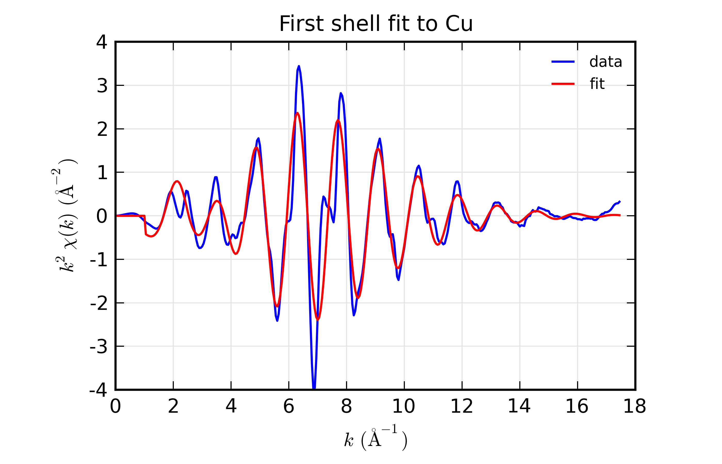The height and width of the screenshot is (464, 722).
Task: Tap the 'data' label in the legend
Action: click(x=605, y=62)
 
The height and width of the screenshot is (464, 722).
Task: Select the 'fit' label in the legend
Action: click(x=597, y=84)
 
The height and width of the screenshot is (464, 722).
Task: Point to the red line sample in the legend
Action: click(x=563, y=84)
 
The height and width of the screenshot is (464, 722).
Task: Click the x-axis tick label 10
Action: click(x=404, y=407)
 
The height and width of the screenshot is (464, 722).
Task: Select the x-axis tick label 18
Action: click(x=634, y=407)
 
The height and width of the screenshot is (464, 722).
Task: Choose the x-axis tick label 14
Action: click(x=519, y=407)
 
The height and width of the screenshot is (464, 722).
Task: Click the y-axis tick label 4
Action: click(x=102, y=43)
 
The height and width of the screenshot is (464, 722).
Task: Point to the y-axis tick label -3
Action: click(x=99, y=346)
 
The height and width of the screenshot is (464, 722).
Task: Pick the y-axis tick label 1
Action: click(x=102, y=173)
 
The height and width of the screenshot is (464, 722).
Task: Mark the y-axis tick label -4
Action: click(x=99, y=391)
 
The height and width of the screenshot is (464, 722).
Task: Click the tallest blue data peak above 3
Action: click(x=299, y=66)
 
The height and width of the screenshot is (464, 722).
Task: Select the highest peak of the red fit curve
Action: click(x=297, y=113)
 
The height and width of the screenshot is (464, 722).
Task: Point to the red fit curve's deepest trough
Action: click(x=318, y=319)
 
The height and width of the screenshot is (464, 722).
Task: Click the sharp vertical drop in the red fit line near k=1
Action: click(x=145, y=225)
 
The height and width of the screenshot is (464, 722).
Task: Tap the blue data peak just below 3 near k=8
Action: click(x=341, y=93)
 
